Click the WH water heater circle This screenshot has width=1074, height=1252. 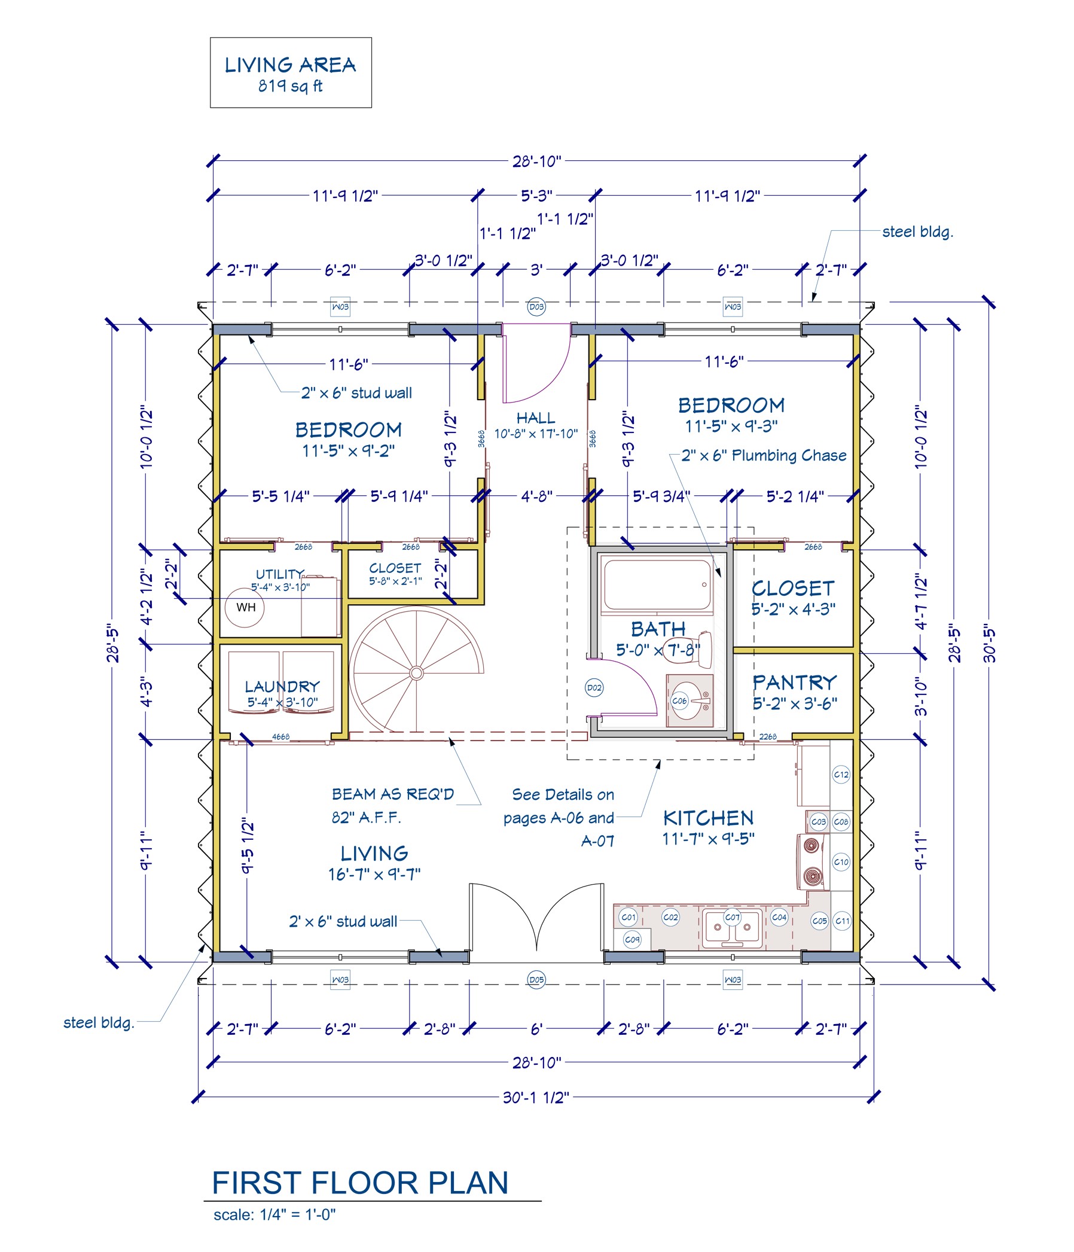pos(245,607)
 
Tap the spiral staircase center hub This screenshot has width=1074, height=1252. pos(416,673)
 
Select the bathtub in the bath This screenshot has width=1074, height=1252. pos(657,584)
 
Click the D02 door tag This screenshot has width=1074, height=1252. pos(594,688)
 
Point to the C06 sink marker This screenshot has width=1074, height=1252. pos(679,701)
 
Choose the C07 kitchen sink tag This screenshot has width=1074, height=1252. pos(732,917)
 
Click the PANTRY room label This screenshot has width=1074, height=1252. pos(794,683)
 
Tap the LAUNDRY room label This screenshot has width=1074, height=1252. pos(282,687)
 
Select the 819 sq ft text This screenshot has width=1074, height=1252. pos(291,86)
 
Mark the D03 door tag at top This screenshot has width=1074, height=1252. pos(536,307)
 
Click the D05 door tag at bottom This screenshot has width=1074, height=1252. pos(536,979)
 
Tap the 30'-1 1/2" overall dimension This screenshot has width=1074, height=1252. pos(536,1097)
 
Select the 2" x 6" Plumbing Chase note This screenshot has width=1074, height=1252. pos(764,456)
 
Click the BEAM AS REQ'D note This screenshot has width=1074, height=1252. pos(393,794)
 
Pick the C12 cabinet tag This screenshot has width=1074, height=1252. pos(841,775)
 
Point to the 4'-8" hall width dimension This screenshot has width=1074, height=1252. pos(536,496)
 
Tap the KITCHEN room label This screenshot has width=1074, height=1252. pos(708,818)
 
